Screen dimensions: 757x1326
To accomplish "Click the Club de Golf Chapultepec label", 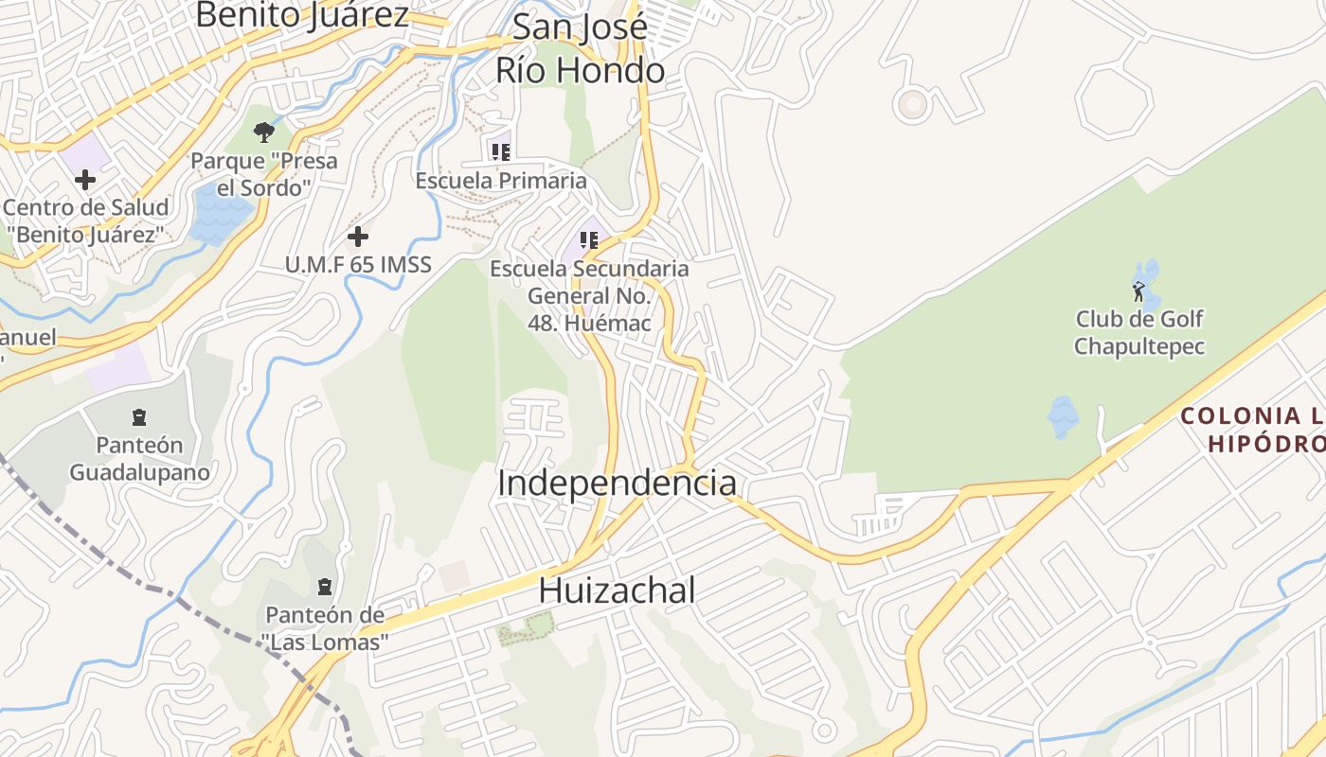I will click(x=1138, y=332).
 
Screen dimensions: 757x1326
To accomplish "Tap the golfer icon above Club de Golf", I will click(x=1138, y=290).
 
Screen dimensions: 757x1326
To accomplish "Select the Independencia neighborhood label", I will click(x=617, y=483).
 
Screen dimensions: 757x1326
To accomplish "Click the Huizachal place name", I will click(x=617, y=590).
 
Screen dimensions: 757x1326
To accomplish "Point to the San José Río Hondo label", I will click(x=580, y=48).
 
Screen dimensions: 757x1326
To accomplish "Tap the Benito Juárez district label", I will click(x=302, y=15).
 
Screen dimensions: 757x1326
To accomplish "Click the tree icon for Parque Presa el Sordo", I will click(x=264, y=132).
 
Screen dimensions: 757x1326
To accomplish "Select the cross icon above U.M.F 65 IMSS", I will click(x=357, y=236).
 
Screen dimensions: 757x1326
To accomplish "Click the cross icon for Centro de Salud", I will click(x=85, y=179).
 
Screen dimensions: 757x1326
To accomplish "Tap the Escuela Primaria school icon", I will click(x=501, y=150).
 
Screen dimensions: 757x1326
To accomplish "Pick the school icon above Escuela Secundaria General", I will click(x=589, y=239).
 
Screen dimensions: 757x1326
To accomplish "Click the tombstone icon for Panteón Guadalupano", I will click(x=139, y=416).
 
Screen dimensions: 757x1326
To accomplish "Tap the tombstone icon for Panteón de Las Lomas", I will click(x=325, y=587).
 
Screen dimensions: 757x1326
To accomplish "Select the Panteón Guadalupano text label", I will click(x=139, y=458).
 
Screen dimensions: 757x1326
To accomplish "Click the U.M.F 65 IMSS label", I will click(x=358, y=265).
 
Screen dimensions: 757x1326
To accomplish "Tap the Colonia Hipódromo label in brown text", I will click(x=1252, y=429).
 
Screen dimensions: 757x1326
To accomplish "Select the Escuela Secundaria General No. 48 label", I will click(x=589, y=296).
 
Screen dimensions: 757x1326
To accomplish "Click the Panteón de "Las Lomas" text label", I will click(x=325, y=628).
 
